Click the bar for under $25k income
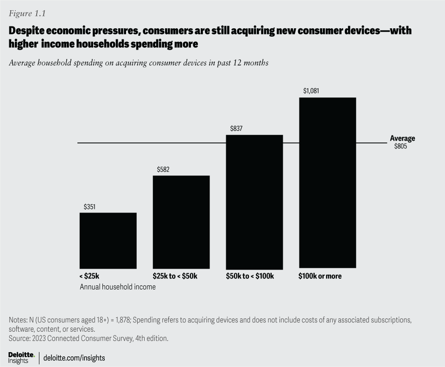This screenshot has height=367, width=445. [108, 240]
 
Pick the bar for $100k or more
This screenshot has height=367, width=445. [327, 183]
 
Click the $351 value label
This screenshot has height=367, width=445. [89, 207]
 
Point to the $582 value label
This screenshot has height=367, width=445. [163, 170]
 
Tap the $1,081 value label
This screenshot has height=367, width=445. [311, 91]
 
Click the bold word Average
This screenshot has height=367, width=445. [402, 138]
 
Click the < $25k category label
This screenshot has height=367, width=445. [89, 276]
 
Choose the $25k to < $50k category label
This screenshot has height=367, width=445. [175, 276]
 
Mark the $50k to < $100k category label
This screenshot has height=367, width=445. [250, 276]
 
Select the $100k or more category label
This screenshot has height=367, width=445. [320, 276]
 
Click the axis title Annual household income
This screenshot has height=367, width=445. [118, 287]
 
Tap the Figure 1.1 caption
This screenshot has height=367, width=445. [27, 13]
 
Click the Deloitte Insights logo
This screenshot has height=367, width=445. [21, 357]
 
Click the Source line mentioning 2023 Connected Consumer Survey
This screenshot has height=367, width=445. [89, 338]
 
